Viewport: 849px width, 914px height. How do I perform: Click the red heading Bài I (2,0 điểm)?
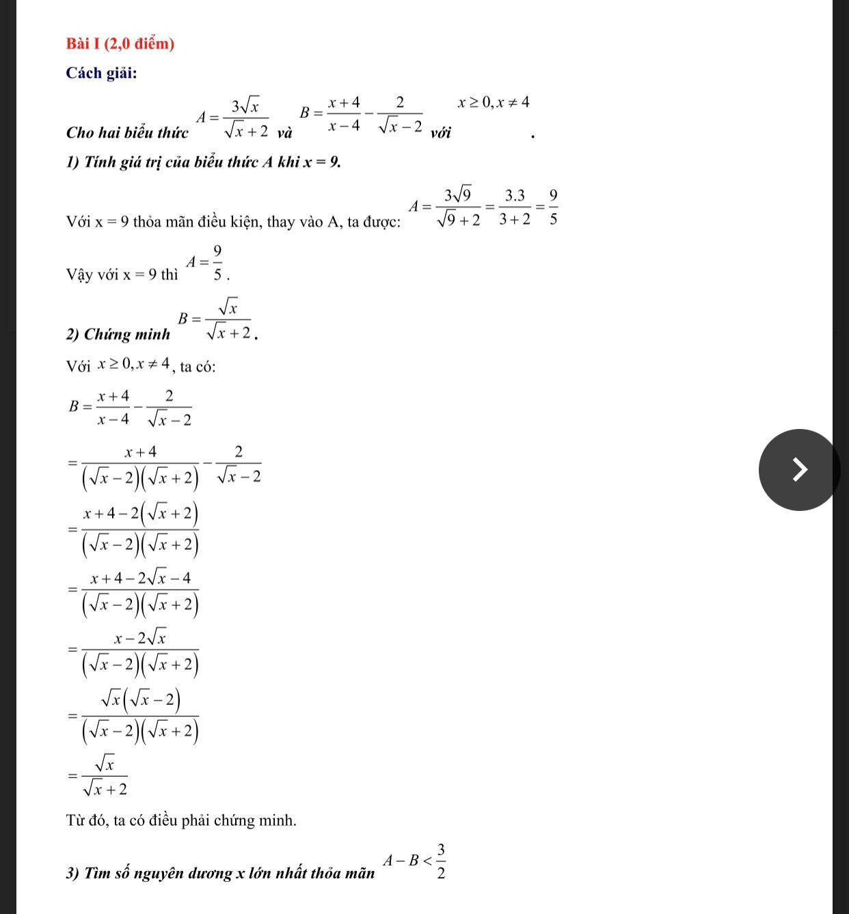(120, 44)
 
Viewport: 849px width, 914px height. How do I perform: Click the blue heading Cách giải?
(101, 73)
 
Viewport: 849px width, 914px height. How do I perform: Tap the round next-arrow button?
(798, 469)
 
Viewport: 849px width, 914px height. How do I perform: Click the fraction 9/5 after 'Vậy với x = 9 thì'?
(217, 263)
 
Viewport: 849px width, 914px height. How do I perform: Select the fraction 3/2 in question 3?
(441, 861)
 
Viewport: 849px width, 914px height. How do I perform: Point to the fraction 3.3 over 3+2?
(515, 207)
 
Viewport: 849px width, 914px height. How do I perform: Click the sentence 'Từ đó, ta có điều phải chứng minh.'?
(181, 820)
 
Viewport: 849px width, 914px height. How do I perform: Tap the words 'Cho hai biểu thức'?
(127, 133)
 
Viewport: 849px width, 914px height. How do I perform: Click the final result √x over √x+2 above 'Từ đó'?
(105, 775)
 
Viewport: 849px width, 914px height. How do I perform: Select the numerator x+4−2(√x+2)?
(140, 512)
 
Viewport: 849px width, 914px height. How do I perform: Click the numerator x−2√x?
(140, 639)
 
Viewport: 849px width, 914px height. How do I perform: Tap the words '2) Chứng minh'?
(119, 334)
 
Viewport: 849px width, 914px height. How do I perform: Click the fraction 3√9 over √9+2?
(458, 207)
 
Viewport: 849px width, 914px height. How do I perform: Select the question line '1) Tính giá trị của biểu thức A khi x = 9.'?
(203, 163)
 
